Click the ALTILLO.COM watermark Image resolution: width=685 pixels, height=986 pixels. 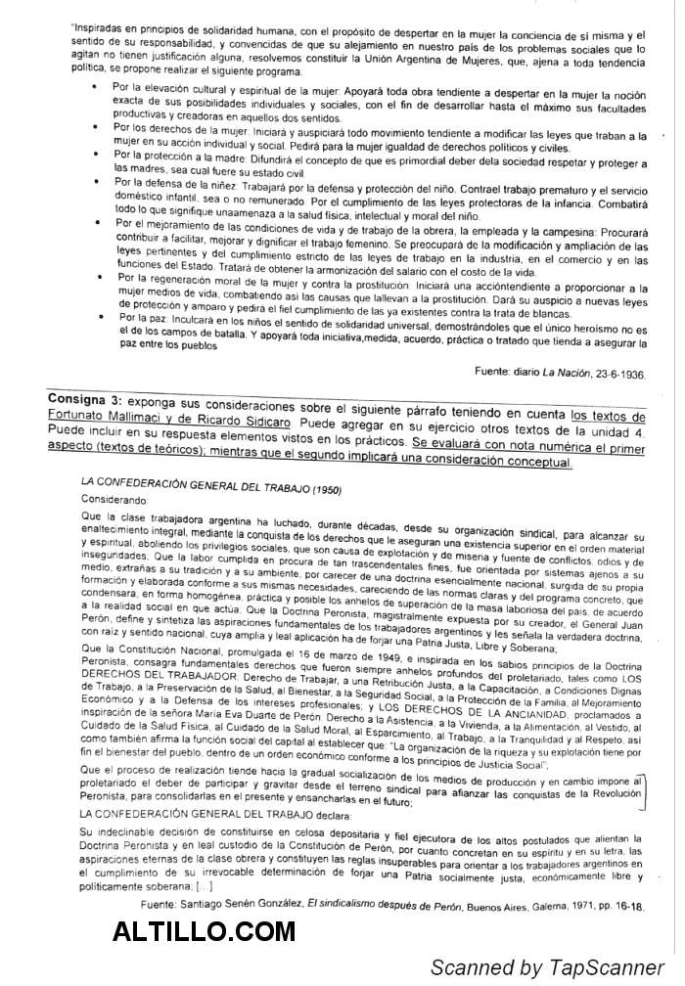point(204,930)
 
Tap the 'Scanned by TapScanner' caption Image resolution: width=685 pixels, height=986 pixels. point(546,967)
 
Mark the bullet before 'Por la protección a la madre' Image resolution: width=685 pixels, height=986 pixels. point(93,155)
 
